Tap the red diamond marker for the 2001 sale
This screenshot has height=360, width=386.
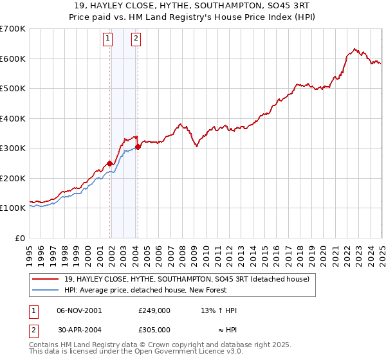tap(110, 163)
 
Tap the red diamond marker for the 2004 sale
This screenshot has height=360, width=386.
tap(138, 147)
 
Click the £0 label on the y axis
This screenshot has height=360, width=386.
tap(20, 238)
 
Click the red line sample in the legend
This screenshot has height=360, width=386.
tap(46, 279)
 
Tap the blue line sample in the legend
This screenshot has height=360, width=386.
tap(46, 290)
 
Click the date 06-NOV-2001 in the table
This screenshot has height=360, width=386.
tap(79, 310)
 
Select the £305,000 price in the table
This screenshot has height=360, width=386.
tap(154, 329)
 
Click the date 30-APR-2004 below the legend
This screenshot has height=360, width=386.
tap(79, 329)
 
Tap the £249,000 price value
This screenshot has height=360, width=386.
tap(154, 310)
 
